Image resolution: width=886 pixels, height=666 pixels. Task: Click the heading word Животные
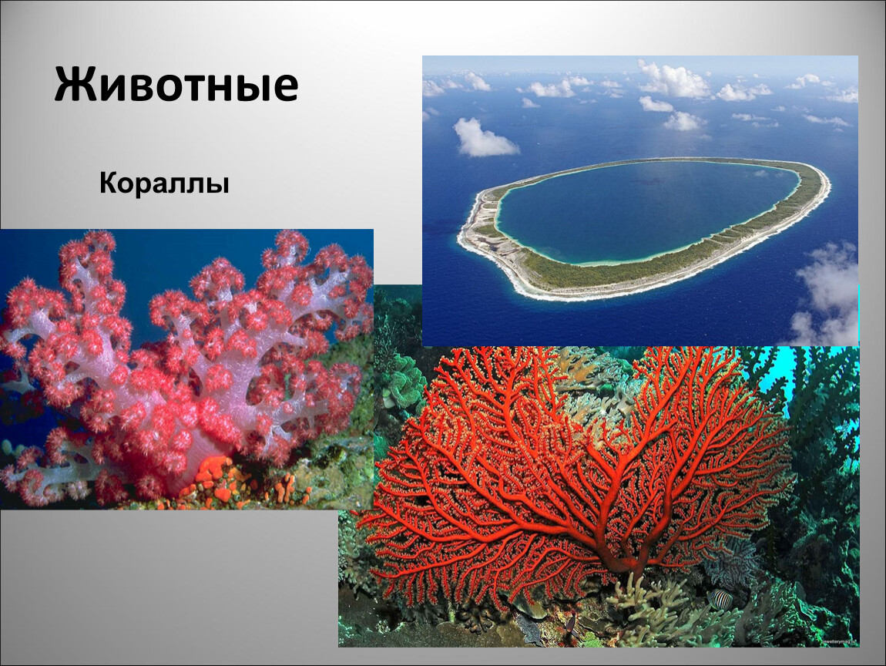(x=176, y=85)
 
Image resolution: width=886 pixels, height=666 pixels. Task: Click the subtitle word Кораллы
(x=164, y=183)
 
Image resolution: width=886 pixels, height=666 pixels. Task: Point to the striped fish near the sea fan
(x=720, y=599)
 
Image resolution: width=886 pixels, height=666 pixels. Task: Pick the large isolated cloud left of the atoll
(x=484, y=139)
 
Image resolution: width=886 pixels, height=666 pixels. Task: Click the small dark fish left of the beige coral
(x=571, y=623)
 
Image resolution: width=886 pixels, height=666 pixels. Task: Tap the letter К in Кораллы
(x=110, y=183)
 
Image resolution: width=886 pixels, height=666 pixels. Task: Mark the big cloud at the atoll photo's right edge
(x=827, y=294)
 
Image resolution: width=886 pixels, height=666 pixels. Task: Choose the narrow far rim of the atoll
(x=649, y=162)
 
